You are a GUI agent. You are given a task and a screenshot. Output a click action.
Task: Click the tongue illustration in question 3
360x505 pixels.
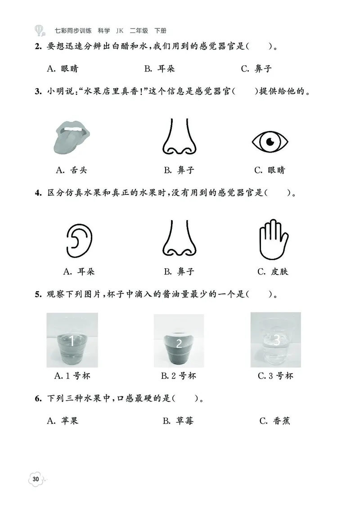(72, 136)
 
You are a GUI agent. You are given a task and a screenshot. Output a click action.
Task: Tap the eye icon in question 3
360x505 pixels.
(270, 142)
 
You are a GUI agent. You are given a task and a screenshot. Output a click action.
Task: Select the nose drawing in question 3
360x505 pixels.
(179, 137)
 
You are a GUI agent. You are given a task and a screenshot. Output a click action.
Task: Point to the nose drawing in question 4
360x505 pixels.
(179, 239)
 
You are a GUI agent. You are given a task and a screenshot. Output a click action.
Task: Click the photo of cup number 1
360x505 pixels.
(72, 341)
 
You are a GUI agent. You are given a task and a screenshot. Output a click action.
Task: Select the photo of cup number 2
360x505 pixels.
(179, 341)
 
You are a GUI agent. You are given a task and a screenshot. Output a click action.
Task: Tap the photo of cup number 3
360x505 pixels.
(275, 340)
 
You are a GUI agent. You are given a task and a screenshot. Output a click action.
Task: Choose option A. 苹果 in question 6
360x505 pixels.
(63, 421)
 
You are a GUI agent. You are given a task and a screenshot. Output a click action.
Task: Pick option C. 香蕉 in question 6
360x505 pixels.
(275, 421)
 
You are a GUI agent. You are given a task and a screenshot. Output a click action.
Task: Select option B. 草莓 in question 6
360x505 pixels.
(178, 421)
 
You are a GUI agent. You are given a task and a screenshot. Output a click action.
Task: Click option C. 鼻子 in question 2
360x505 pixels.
(256, 69)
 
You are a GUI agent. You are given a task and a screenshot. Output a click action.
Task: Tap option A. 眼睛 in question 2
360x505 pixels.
(63, 69)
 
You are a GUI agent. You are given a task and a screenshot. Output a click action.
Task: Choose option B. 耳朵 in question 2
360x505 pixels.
(159, 69)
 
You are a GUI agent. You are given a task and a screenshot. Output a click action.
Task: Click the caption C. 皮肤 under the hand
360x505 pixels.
(273, 272)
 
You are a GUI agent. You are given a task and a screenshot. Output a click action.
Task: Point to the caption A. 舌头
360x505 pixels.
(72, 170)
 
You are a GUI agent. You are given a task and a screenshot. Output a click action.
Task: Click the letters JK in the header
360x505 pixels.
(119, 31)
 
